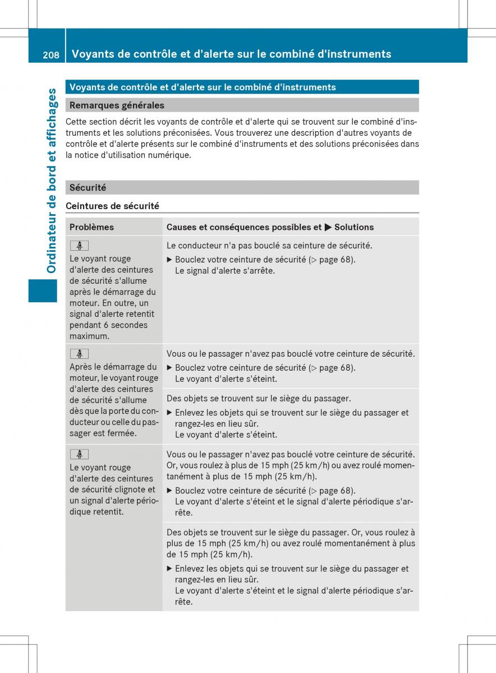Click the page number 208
click(50, 54)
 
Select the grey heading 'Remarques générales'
click(117, 105)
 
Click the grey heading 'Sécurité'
click(88, 187)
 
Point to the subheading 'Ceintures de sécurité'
click(112, 206)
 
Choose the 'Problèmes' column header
click(91, 227)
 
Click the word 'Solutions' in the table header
click(354, 227)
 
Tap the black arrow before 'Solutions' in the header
click(328, 227)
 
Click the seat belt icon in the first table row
click(79, 246)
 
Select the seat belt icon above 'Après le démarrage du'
click(79, 354)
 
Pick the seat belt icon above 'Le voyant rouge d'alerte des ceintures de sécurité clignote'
click(79, 454)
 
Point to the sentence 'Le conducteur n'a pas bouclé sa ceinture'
click(269, 246)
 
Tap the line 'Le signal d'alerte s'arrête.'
click(225, 270)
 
